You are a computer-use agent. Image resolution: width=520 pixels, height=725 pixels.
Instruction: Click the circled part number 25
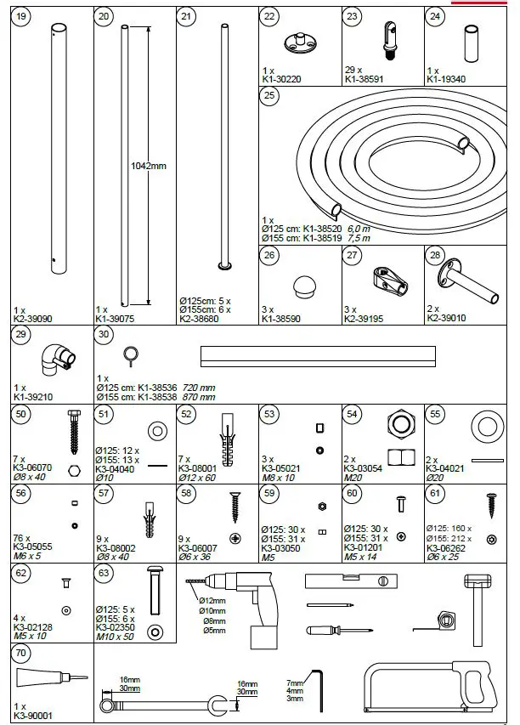(x=270, y=96)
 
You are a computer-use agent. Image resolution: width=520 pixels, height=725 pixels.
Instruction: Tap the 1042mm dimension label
(x=149, y=166)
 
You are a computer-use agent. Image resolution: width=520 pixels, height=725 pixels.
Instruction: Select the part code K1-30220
(x=282, y=79)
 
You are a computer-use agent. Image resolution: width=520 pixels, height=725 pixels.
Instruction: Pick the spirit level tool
(x=353, y=581)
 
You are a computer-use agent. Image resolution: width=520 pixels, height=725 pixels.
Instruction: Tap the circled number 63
(x=104, y=574)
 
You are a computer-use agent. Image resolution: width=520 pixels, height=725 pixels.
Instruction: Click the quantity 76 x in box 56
(x=23, y=538)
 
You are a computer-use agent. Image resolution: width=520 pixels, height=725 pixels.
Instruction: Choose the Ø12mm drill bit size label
(x=212, y=601)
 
